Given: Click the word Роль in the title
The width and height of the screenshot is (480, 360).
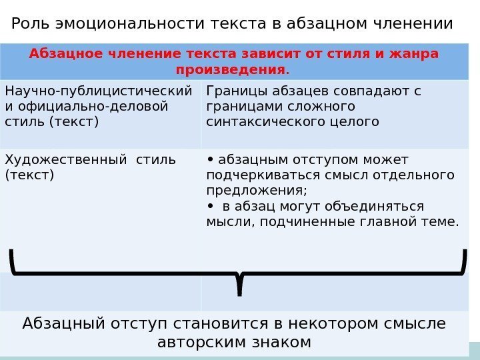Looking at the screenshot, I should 29,24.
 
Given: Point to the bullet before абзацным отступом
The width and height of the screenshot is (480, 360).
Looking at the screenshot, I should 210,159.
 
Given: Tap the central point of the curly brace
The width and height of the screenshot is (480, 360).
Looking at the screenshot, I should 239,283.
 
